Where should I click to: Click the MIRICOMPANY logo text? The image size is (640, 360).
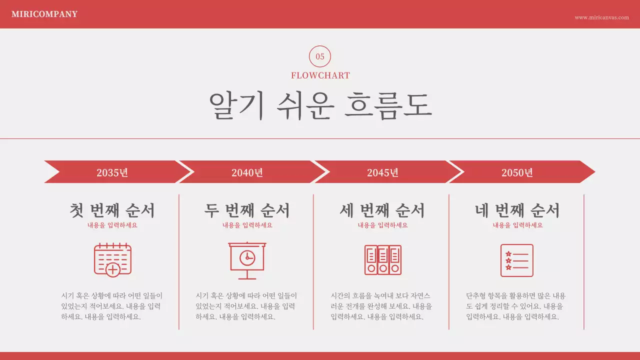44,14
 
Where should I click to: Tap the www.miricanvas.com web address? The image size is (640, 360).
601,17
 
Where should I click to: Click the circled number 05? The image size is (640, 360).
320,56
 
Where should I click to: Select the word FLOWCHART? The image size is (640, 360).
320,75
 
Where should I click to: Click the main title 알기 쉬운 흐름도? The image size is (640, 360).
320,105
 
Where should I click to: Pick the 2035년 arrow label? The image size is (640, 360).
112,172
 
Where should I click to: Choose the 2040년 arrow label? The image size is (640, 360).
247,172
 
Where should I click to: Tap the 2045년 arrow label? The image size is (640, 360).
382,172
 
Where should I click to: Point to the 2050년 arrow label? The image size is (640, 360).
517,172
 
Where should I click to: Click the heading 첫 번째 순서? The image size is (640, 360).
112,210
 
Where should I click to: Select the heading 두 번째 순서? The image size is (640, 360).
247,210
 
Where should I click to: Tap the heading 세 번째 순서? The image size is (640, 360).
382,210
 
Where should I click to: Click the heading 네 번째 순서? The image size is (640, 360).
517,210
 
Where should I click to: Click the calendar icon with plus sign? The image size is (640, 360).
112,259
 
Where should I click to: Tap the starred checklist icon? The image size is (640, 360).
516,260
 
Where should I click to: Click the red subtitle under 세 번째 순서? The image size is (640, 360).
382,225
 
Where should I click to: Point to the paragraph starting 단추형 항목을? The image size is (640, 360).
516,306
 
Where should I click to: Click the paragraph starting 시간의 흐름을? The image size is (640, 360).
381,306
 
